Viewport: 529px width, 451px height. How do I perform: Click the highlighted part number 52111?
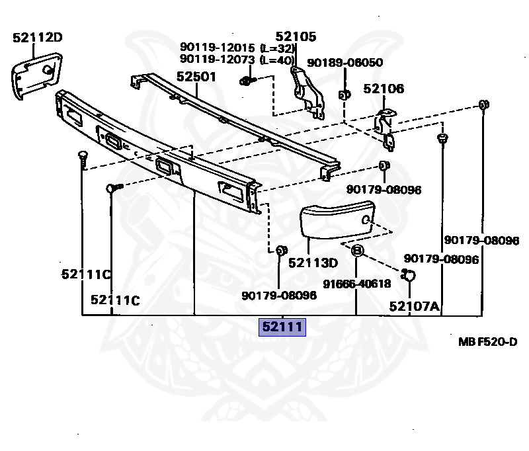[282, 327]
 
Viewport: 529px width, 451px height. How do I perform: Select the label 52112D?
[37, 38]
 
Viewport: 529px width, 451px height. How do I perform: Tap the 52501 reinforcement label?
[196, 77]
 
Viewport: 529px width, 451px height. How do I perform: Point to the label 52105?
[296, 37]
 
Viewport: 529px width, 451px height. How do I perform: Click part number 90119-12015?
[218, 48]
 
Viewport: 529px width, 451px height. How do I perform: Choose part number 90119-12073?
[218, 60]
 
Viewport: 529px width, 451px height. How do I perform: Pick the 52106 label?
[383, 89]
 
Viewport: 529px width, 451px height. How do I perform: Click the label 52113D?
[313, 263]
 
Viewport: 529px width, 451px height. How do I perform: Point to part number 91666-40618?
[356, 284]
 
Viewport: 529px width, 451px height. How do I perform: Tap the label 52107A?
[414, 306]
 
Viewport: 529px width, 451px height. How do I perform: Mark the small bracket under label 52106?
[386, 126]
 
